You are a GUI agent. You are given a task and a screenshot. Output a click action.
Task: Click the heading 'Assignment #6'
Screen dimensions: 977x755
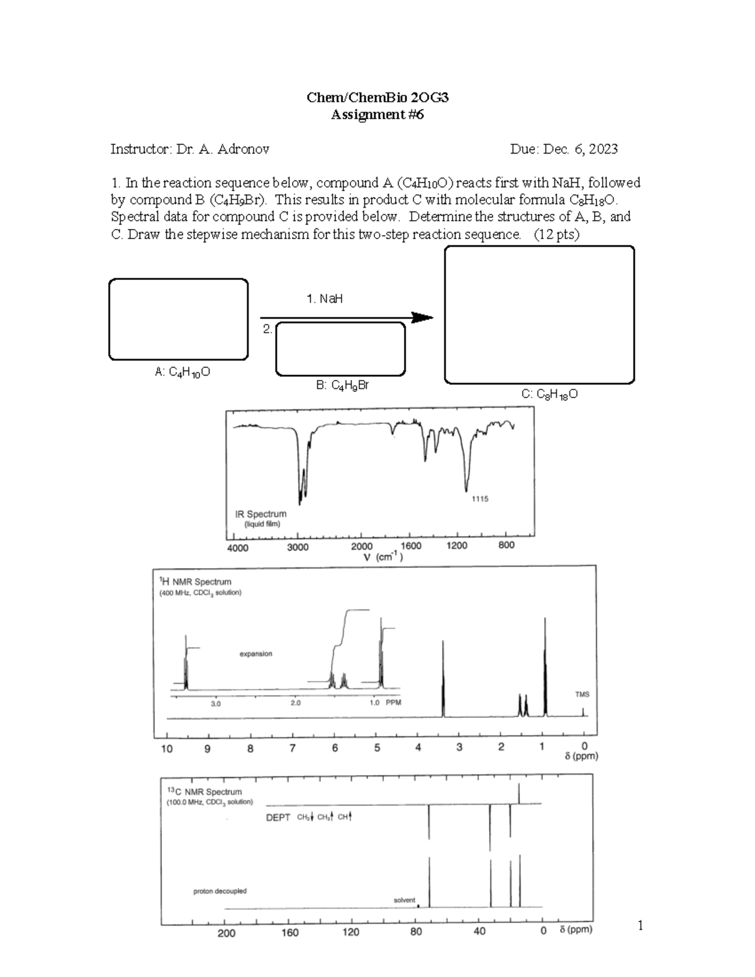coord(377,114)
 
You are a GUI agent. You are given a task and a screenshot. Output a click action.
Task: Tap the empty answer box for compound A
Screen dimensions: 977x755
coord(179,320)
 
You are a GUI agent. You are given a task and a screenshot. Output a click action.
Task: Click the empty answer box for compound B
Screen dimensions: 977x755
coord(340,349)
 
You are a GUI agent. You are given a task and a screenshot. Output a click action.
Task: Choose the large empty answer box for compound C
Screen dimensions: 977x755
coord(539,315)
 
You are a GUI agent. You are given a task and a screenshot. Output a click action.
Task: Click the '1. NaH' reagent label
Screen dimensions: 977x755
coord(325,299)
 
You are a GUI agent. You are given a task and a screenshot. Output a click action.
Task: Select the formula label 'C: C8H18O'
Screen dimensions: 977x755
coord(549,394)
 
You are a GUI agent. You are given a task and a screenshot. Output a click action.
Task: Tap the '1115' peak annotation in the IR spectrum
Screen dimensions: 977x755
coord(479,499)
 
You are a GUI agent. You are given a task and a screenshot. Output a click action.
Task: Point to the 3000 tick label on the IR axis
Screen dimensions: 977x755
coord(298,547)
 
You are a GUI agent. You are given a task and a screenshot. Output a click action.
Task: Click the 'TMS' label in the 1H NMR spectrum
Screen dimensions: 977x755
coord(582,695)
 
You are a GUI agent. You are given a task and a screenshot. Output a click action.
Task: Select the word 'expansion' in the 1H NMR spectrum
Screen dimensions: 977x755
coord(256,654)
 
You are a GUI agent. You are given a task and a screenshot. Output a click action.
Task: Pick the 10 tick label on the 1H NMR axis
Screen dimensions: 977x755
coord(167,749)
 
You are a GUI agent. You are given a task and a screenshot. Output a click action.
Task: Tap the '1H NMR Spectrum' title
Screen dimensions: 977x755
coord(197,582)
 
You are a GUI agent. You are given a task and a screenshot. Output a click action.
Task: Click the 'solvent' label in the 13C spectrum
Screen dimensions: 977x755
coord(404,900)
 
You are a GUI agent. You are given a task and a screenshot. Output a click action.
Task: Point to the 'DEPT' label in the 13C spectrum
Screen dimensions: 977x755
coord(278,817)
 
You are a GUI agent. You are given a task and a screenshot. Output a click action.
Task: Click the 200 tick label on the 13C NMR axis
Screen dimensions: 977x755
coord(226,933)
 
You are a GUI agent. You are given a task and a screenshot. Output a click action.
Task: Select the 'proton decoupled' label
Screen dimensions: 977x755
coord(220,891)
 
